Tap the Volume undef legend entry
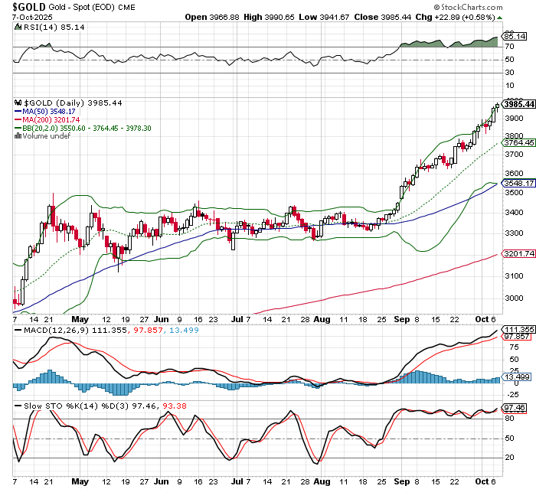point(43,136)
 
